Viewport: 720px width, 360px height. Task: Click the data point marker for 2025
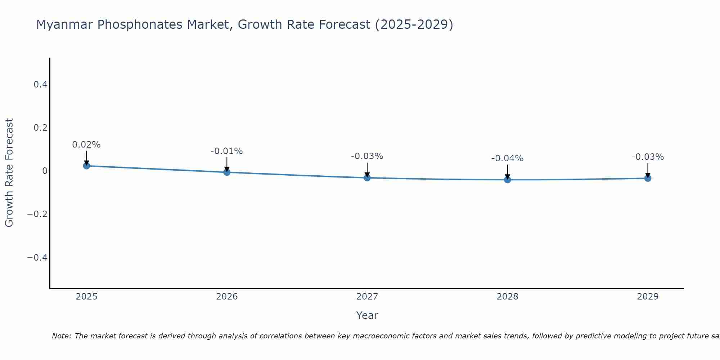[86, 166]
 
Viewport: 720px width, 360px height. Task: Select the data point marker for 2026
[227, 172]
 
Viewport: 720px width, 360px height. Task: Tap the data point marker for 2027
[367, 177]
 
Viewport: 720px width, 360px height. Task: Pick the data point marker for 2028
[508, 179]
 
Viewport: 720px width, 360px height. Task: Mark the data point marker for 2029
[648, 178]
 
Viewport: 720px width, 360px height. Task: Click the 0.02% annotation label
[86, 145]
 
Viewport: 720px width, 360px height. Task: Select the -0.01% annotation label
[227, 151]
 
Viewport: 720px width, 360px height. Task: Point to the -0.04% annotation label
[507, 158]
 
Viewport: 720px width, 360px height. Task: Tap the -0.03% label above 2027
[367, 156]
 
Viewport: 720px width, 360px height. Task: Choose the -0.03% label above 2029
[648, 157]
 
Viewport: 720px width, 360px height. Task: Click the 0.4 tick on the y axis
[40, 85]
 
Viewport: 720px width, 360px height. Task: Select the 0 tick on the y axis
[45, 171]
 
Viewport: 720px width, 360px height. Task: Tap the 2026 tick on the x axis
[227, 297]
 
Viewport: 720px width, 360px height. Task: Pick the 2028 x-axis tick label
[507, 297]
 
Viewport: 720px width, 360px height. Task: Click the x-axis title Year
[367, 315]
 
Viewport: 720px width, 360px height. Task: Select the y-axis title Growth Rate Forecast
[9, 173]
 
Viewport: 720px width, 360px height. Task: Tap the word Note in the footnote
[62, 336]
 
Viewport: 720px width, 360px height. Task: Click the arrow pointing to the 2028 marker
[508, 171]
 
